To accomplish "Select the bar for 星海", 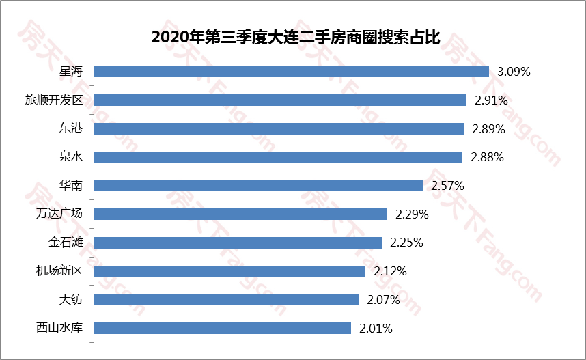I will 291,71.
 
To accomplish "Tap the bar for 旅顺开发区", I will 279,100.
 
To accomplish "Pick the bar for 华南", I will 258,185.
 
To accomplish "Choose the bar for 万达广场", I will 240,214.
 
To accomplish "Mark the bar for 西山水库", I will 222,328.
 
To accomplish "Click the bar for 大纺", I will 226,299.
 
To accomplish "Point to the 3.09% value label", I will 514,71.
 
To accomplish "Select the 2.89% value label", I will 488,128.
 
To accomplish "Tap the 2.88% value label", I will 487,157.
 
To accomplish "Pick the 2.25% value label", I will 406,243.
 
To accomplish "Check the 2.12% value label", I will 390,271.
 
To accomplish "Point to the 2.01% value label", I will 376,328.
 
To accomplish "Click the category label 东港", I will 70,128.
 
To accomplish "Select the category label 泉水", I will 70,157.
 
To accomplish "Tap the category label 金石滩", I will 65,243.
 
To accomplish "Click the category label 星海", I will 70,71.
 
